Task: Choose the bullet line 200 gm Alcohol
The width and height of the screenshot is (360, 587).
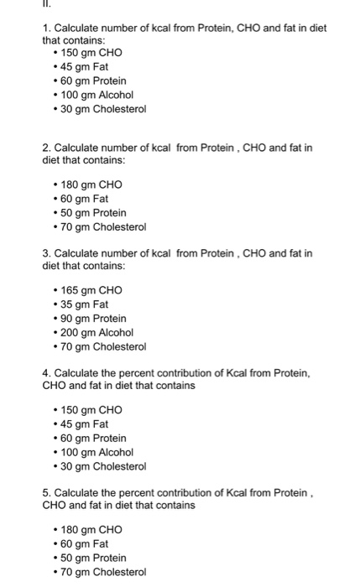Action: click(x=97, y=333)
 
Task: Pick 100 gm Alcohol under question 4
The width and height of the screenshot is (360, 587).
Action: click(x=97, y=452)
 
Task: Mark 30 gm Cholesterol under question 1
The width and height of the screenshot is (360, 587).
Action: click(x=103, y=109)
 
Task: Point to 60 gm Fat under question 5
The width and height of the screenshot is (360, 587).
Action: click(x=85, y=543)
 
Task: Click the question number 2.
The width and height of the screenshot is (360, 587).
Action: click(x=45, y=148)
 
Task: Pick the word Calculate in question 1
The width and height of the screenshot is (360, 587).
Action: click(x=77, y=29)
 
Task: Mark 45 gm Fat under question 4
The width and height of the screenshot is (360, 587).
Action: click(x=85, y=423)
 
